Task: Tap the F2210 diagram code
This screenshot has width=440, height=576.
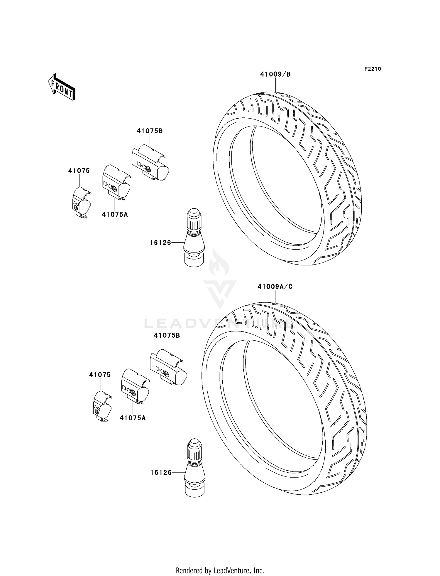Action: [373, 69]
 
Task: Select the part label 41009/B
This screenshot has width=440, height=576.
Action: [275, 75]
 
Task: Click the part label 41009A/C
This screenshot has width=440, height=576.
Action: [275, 287]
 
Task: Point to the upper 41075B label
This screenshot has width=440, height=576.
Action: [150, 131]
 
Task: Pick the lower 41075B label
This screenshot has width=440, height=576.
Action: [167, 335]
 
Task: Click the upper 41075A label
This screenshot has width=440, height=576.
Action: [115, 215]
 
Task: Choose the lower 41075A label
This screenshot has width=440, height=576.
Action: [133, 418]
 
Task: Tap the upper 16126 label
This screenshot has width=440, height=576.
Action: [160, 243]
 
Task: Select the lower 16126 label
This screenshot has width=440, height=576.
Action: [161, 473]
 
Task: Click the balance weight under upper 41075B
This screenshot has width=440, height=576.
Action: [150, 163]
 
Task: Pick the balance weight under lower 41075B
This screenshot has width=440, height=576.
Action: [168, 367]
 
